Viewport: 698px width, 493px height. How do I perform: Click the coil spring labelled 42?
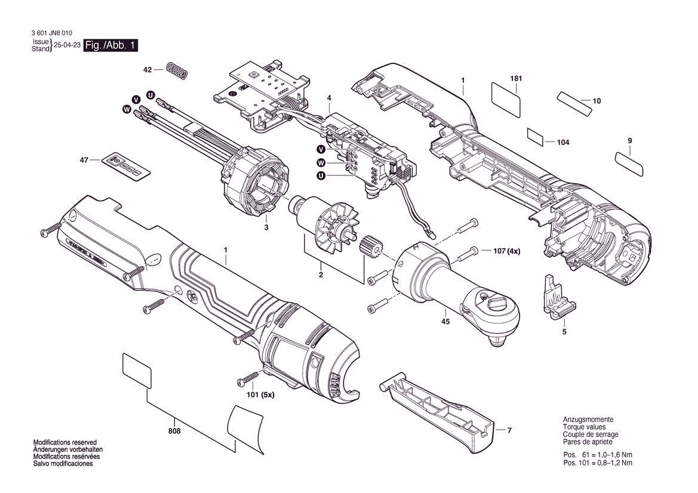click(x=177, y=71)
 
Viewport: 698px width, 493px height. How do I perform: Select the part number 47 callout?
click(x=84, y=160)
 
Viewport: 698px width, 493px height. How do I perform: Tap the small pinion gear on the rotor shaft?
click(x=370, y=246)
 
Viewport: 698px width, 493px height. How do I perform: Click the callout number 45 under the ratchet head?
click(x=445, y=321)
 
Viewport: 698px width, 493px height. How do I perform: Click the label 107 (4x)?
click(x=506, y=251)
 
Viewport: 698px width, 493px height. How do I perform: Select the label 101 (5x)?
click(x=261, y=395)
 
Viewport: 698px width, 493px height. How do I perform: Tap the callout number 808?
click(x=174, y=431)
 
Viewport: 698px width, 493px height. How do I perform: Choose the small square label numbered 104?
click(x=536, y=137)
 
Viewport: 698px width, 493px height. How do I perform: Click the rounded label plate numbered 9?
click(x=629, y=164)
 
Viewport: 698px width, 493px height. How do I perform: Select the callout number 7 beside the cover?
click(x=509, y=430)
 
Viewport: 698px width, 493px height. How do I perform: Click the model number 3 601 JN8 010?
click(x=53, y=33)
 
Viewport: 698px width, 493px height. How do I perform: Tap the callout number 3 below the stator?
click(x=266, y=228)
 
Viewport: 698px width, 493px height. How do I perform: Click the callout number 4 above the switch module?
click(x=329, y=98)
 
